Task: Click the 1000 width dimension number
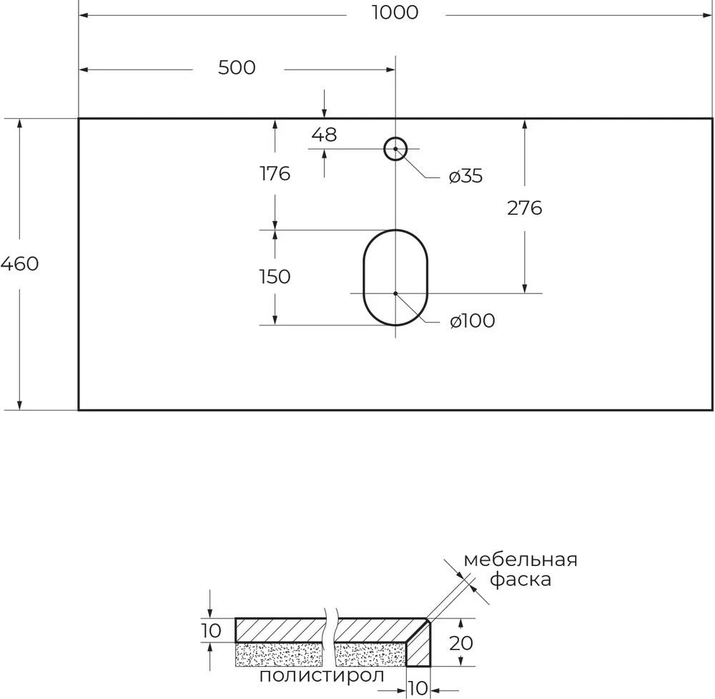pyautogui.click(x=395, y=13)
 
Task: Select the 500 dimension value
pyautogui.click(x=237, y=68)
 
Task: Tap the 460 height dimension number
pyautogui.click(x=19, y=264)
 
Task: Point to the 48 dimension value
pyautogui.click(x=324, y=135)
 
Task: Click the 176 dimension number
pyautogui.click(x=275, y=174)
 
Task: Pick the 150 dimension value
pyautogui.click(x=275, y=277)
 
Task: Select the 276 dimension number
pyautogui.click(x=524, y=208)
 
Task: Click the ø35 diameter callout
pyautogui.click(x=465, y=176)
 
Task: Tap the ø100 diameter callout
pyautogui.click(x=473, y=321)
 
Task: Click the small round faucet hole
pyautogui.click(x=395, y=137)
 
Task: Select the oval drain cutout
pyautogui.click(x=364, y=278)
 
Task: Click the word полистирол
pyautogui.click(x=322, y=676)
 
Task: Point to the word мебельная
pyautogui.click(x=521, y=559)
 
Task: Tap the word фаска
pyautogui.click(x=521, y=580)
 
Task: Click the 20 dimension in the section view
pyautogui.click(x=461, y=643)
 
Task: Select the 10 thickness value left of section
pyautogui.click(x=211, y=631)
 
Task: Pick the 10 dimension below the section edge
pyautogui.click(x=418, y=689)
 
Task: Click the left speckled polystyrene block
pyautogui.click(x=280, y=655)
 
